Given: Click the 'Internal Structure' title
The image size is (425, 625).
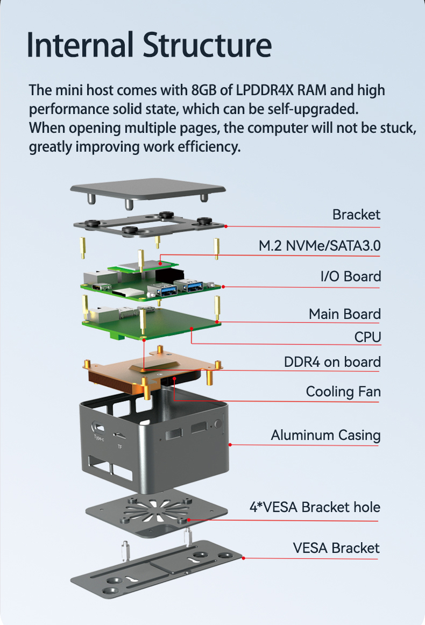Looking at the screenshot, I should click(x=149, y=46).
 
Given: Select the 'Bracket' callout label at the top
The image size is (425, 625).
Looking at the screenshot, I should click(x=356, y=215).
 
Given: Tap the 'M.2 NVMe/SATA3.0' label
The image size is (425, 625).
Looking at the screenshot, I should click(x=320, y=246).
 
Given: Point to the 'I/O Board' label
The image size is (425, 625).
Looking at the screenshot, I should click(x=350, y=276).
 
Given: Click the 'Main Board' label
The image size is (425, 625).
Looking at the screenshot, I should click(x=344, y=314).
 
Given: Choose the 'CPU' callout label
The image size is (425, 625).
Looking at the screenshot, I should click(x=367, y=337).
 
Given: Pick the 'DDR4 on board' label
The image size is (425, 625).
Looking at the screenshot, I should click(x=332, y=362).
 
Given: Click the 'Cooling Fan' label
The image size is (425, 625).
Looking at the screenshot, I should click(x=343, y=392).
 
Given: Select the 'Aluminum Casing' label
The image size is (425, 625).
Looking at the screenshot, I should click(x=325, y=435).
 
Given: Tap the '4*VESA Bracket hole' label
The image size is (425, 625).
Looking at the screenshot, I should click(x=315, y=507).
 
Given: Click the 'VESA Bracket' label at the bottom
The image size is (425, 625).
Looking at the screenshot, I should click(x=336, y=548).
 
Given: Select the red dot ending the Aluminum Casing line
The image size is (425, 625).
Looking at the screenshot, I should click(x=230, y=444).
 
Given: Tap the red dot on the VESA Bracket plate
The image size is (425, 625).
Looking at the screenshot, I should click(x=244, y=558).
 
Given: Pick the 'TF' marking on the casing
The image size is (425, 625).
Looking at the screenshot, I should click(x=119, y=446).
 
